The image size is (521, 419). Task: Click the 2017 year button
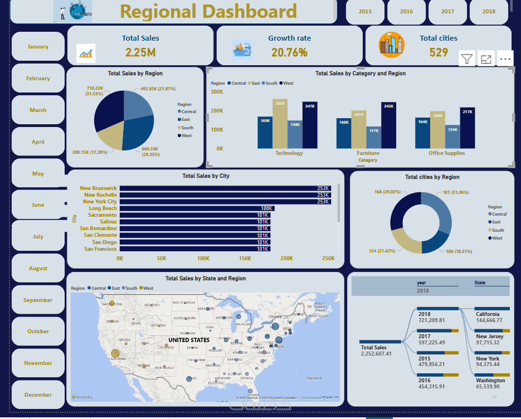click(x=447, y=12)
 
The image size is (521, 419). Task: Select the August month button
click(x=38, y=269)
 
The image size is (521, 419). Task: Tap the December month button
click(x=38, y=395)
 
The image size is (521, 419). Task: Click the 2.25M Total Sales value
click(x=140, y=53)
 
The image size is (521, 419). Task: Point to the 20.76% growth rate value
click(x=289, y=53)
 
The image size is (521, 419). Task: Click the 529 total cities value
click(x=439, y=53)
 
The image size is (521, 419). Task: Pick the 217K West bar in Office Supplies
click(x=468, y=128)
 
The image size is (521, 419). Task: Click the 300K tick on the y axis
click(x=216, y=92)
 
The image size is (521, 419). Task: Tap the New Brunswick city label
click(x=98, y=188)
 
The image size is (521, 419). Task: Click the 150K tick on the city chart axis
click(x=245, y=259)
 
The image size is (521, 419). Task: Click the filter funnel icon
click(x=467, y=59)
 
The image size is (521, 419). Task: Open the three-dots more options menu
click(x=505, y=59)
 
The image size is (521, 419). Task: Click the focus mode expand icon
click(x=486, y=59)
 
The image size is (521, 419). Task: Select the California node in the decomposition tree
click(x=488, y=314)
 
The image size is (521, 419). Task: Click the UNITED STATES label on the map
click(x=189, y=340)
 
